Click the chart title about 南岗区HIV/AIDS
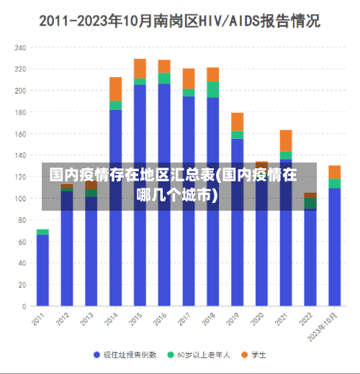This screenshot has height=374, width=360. [180, 21]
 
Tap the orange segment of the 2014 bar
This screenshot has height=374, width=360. [115, 88]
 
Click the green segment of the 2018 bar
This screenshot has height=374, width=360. [212, 89]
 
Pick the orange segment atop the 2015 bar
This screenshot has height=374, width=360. [140, 68]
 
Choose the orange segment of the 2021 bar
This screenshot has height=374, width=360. [286, 140]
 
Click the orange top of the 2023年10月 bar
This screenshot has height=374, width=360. [334, 171]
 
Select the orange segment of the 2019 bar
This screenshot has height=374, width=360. [237, 122]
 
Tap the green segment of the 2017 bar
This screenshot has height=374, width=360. [189, 92]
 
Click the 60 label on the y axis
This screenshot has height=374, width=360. [22, 242]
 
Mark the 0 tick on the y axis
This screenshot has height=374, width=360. [24, 306]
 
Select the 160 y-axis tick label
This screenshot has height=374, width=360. [19, 134]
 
